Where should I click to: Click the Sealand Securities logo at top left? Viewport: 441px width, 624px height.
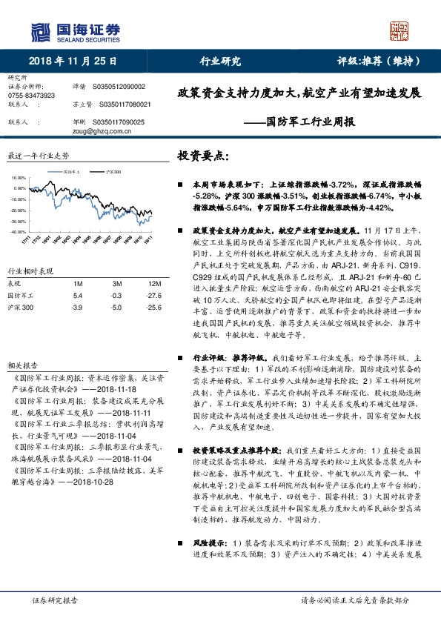(x=75, y=31)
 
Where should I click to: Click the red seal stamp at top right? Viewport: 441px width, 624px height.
(x=400, y=30)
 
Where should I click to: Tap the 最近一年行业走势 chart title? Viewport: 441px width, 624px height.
(x=38, y=156)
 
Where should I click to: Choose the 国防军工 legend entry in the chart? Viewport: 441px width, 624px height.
(x=73, y=170)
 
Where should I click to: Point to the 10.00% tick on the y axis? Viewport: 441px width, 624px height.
(x=19, y=179)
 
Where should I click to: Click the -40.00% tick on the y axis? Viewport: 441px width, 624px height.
(x=19, y=232)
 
